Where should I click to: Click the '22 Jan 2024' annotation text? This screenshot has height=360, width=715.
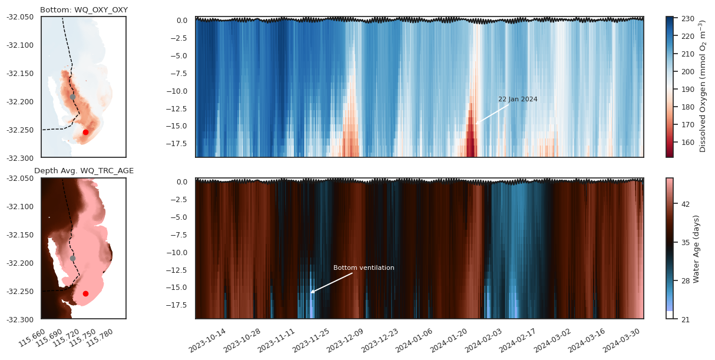[x=518, y=99]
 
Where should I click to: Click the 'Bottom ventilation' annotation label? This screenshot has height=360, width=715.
[x=363, y=268]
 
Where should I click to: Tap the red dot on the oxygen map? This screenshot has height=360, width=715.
[x=85, y=133]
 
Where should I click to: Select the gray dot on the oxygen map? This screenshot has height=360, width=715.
[x=72, y=97]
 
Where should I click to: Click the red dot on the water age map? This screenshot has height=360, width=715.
[x=85, y=293]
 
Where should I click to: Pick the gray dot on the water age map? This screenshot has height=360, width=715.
[x=72, y=258]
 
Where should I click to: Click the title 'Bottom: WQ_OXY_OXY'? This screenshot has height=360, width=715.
[x=84, y=10]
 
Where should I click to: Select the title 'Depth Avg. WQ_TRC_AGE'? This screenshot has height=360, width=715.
[x=84, y=171]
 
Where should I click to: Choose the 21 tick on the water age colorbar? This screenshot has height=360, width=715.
[x=681, y=319]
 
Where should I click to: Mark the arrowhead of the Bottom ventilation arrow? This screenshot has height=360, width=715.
[x=311, y=293]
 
